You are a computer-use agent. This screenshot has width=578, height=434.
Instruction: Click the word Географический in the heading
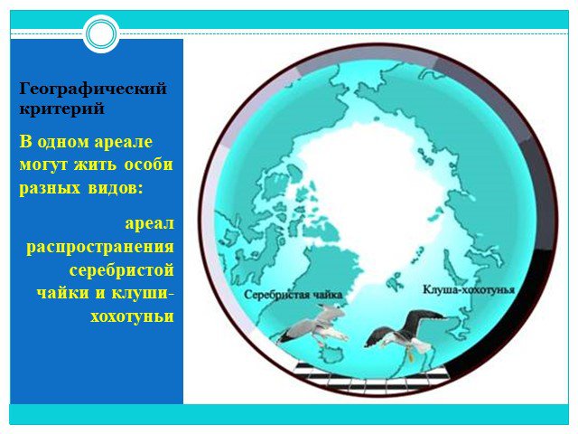[x=93, y=90]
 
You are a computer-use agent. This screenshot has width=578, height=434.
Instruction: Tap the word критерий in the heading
[x=61, y=108]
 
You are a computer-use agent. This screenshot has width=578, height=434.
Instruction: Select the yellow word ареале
[x=124, y=142]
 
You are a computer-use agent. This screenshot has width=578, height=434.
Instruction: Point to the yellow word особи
[x=148, y=165]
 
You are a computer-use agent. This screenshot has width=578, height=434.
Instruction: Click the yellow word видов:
[x=115, y=188]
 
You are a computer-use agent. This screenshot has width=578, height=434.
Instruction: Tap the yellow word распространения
[x=100, y=248]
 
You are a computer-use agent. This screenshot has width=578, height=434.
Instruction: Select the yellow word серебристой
[x=122, y=269]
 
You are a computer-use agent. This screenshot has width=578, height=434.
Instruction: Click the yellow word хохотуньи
[x=133, y=317]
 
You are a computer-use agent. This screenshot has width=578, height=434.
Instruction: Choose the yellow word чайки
[x=63, y=293]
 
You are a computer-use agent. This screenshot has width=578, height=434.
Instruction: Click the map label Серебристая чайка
[x=294, y=295]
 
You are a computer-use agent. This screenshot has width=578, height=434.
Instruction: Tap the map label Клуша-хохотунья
[x=469, y=289]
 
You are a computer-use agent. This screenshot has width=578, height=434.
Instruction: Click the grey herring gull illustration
[x=313, y=326]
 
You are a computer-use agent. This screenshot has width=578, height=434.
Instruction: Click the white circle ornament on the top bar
[x=101, y=33]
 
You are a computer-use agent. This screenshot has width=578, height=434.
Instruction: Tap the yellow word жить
[x=97, y=165]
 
